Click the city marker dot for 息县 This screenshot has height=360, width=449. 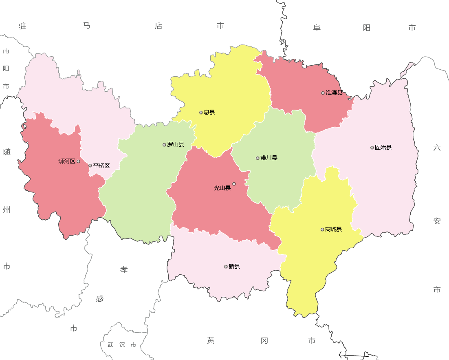tap(201, 113)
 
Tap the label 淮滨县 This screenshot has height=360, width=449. tap(334, 93)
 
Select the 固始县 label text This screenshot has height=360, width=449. tap(383, 148)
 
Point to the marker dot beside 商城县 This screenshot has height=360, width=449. tap(322, 230)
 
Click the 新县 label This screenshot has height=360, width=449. tap(234, 267)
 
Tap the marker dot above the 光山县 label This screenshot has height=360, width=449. tap(234, 184)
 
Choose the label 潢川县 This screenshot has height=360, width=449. tap(269, 158)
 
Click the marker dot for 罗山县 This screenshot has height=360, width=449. tap(164, 145)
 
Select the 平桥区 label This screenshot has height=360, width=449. tap(101, 166)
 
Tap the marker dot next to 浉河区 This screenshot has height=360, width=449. tap(78, 161)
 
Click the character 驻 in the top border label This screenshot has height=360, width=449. tap(22, 26)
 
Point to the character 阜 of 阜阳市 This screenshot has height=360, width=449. tap(317, 28)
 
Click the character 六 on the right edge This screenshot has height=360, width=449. tap(437, 148)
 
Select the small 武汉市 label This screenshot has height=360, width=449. tap(122, 345)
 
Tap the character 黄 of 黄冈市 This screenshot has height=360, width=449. tap(211, 340)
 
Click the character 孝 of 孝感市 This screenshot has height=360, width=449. tap(124, 270)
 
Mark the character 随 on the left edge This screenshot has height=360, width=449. tap(7, 152)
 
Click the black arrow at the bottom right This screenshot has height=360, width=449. tap(353, 356)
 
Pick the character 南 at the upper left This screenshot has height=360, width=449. tap(6, 51)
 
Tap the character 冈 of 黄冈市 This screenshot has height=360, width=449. tap(264, 340)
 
